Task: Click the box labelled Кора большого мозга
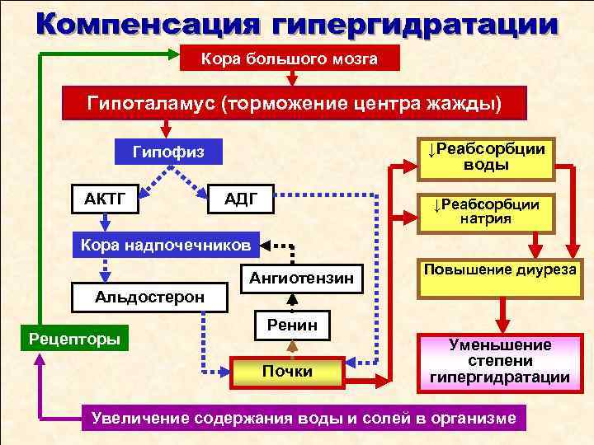pos(290,59)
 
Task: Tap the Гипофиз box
pos(167,152)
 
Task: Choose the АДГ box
pos(242,199)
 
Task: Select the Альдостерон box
pos(150,296)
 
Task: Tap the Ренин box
pos(292,326)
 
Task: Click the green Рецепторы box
pos(73,338)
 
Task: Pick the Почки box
pos(287,372)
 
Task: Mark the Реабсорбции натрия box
pos(486,211)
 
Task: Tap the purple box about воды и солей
pos(304,419)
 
